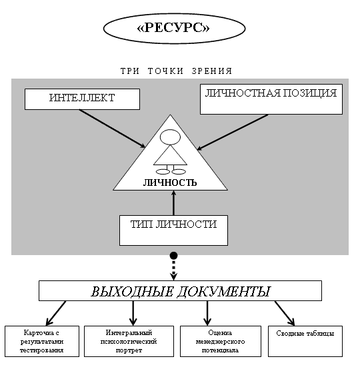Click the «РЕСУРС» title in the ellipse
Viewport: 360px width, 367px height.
point(173,28)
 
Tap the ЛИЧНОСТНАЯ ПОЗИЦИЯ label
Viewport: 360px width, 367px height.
point(271,93)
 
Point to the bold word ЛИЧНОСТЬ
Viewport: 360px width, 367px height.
point(170,183)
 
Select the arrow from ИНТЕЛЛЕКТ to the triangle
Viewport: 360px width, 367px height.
point(112,129)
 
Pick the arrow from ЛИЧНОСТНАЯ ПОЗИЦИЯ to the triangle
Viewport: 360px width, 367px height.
point(233,132)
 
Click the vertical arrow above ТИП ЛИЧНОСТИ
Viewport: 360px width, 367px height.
point(173,202)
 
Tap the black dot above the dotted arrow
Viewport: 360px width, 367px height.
point(173,255)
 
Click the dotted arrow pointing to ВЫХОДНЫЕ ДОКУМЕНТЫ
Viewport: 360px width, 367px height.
point(173,270)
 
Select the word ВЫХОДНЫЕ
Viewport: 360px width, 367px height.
point(132,291)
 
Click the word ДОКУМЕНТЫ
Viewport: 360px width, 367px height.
point(224,291)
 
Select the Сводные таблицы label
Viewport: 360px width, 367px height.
point(305,333)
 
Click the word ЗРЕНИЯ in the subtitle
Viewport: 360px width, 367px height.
point(212,71)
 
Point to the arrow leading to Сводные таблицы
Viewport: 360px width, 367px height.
point(285,313)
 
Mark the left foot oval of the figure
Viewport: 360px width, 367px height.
point(163,172)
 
